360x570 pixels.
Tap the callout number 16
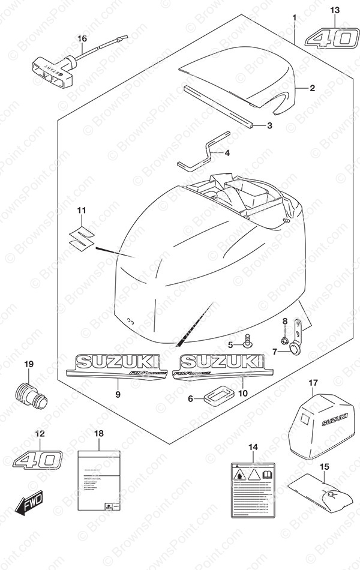pyautogui.click(x=82, y=39)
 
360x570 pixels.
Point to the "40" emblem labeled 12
pyautogui.click(x=38, y=460)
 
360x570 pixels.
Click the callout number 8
pyautogui.click(x=286, y=322)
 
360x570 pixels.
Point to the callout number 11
pyautogui.click(x=82, y=211)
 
